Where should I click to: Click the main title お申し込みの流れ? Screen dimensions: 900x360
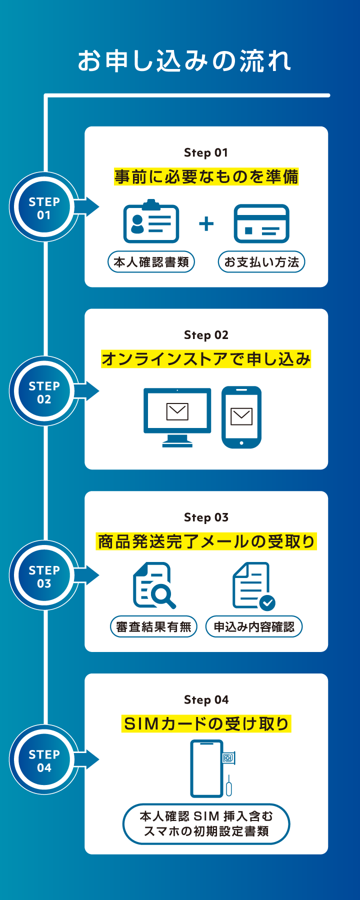pos(184,61)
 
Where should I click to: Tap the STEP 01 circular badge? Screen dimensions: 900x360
pos(44,207)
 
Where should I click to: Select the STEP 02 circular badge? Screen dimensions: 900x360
pos(44,392)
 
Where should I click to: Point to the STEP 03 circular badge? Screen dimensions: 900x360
pos(44,576)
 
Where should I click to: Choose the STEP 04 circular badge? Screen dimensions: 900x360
pos(44,760)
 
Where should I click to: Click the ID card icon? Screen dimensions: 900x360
pos(151,222)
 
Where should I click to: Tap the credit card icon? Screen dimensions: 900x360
pos(261,223)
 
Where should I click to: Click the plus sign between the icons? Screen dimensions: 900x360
pos(206,223)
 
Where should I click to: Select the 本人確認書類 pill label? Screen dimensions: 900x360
pos(151,262)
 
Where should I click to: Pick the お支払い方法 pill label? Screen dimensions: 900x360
pos(261,262)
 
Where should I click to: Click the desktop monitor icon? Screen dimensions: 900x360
pos(177,416)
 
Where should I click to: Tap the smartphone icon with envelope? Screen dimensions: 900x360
pos(241,416)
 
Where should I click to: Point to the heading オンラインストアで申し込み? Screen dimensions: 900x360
pos(206,359)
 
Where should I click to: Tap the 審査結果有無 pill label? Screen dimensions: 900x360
pos(154,627)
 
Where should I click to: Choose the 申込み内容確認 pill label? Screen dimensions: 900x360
pos(254,627)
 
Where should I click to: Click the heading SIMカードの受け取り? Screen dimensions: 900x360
pos(206,723)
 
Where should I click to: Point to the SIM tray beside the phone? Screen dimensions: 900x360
pos(228,758)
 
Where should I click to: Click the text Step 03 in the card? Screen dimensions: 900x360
pos(206,517)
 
